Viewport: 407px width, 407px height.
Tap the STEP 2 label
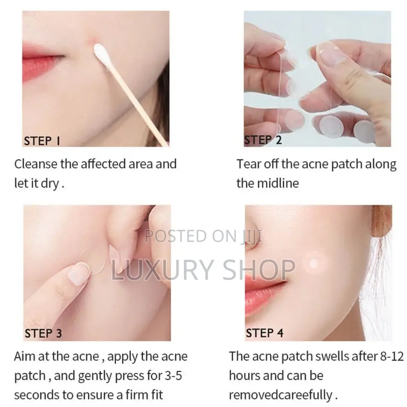point(263,140)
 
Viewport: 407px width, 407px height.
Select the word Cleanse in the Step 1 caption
point(36,164)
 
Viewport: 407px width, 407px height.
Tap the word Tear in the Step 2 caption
point(248,164)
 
